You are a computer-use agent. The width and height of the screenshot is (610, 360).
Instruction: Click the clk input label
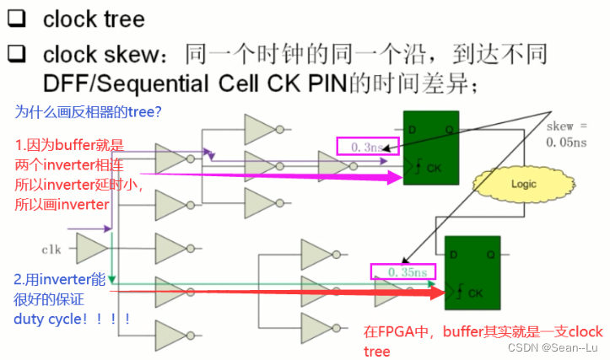52,250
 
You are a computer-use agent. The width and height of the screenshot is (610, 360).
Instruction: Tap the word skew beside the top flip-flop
560,126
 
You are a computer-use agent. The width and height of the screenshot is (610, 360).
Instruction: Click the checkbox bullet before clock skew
18,55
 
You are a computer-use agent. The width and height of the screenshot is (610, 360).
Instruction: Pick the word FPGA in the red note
398,332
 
